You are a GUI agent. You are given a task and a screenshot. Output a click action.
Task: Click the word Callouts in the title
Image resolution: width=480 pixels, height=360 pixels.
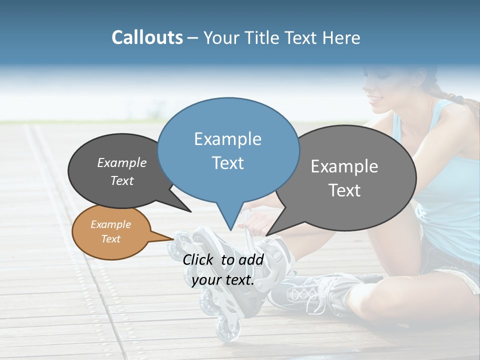coord(147,37)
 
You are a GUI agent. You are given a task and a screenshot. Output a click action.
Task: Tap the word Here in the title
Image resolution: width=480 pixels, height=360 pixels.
coord(341,37)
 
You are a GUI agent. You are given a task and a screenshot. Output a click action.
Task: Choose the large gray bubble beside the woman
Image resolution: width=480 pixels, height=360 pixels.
coord(345,177)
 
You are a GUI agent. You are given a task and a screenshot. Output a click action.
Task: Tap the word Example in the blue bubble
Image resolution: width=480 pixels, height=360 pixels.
coord(228,139)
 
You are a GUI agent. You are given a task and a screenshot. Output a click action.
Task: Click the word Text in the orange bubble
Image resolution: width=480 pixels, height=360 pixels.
coord(111,239)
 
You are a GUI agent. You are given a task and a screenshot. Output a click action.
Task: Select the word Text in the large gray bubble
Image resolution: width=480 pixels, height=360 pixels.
coord(344,190)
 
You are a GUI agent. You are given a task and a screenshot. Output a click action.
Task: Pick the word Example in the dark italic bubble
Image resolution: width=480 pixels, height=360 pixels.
coord(122,162)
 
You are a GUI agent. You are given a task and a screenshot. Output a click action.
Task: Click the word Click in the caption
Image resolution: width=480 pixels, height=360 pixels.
coord(198,259)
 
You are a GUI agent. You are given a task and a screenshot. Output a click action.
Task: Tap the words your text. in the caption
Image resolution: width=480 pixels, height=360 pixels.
coord(223,280)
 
